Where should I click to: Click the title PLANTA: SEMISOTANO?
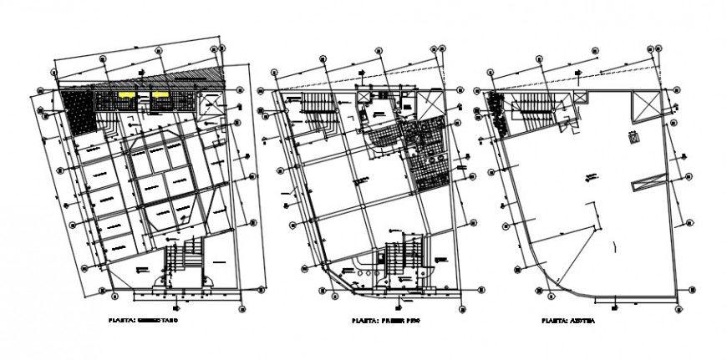click(x=144, y=320)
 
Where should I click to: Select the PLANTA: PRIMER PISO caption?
click(x=384, y=320)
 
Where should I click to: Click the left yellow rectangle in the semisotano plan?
click(x=126, y=96)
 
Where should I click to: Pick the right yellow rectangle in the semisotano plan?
click(x=159, y=96)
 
